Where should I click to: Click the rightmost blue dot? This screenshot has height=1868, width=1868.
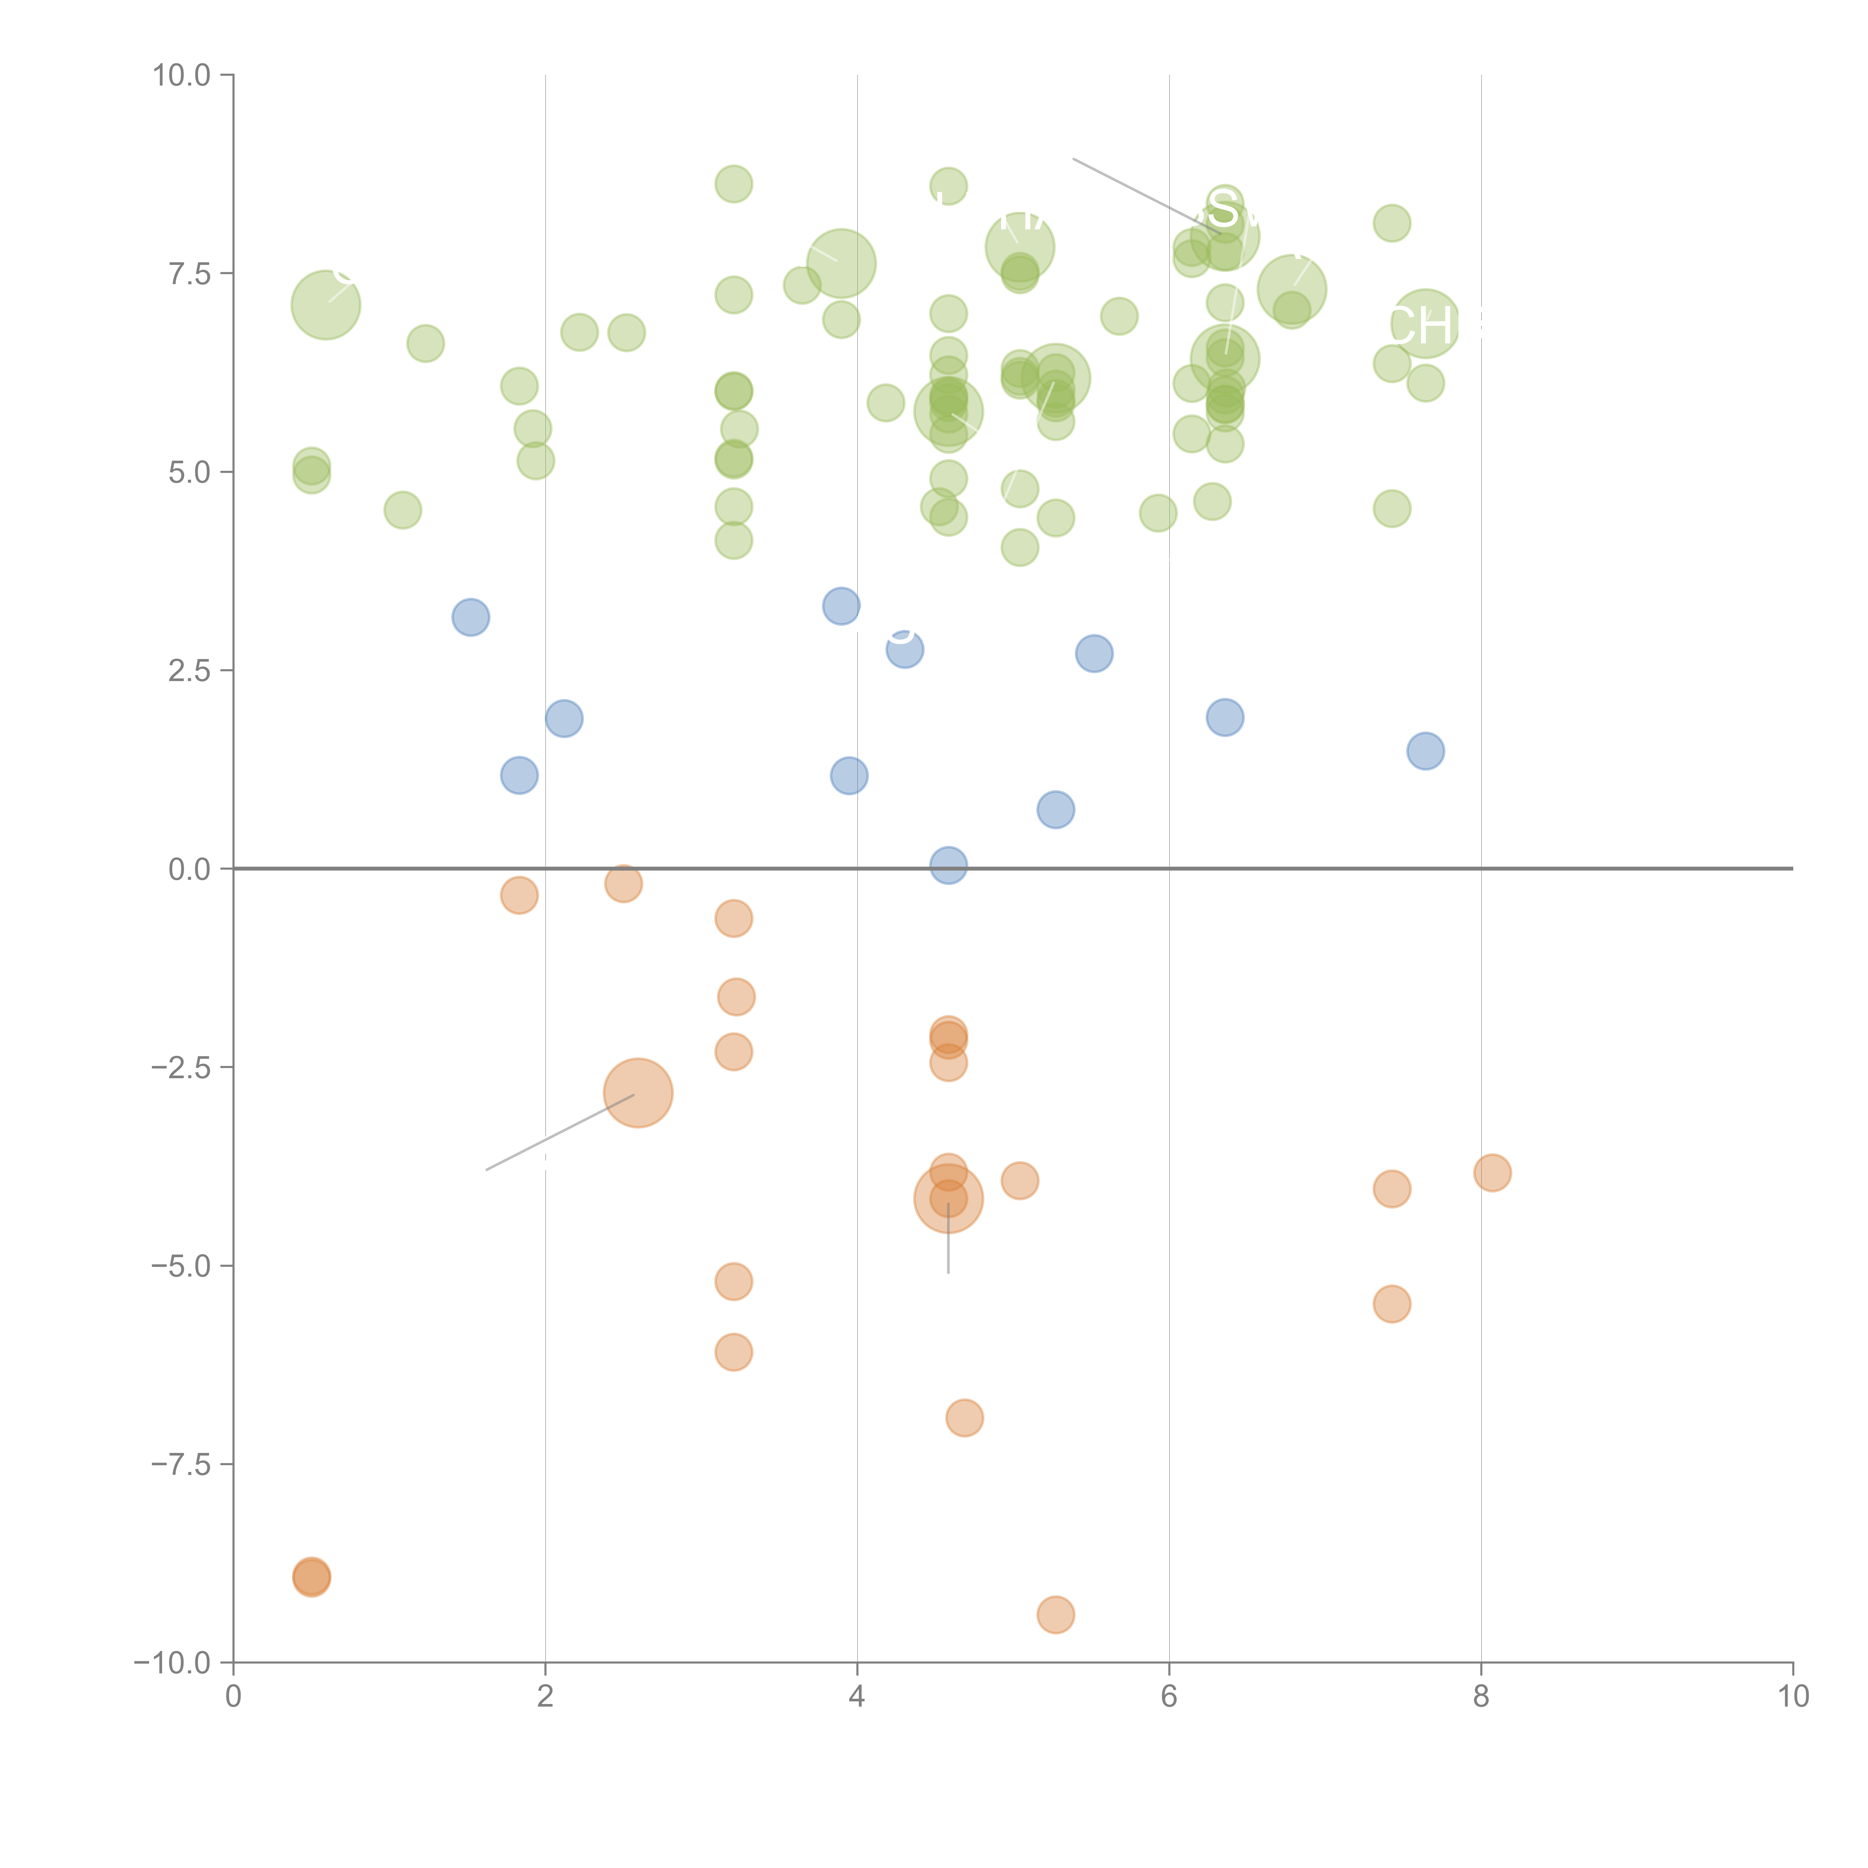pos(1425,750)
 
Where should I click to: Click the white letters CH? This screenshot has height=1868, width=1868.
pos(1419,327)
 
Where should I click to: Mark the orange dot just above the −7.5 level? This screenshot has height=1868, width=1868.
pos(964,1417)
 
